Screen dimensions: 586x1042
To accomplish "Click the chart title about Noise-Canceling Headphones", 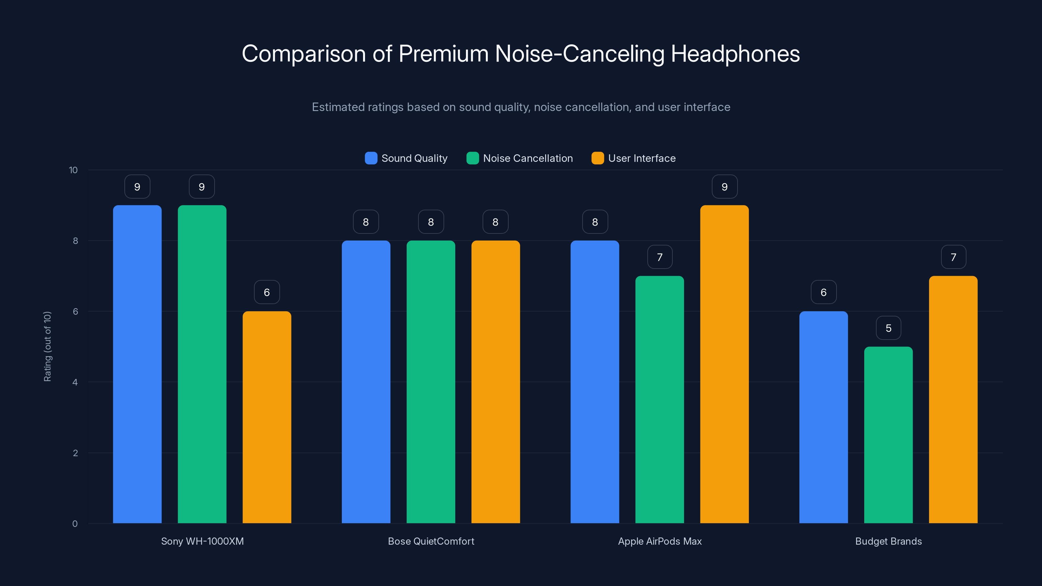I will pos(521,54).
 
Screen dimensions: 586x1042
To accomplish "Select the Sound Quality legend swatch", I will pos(371,158).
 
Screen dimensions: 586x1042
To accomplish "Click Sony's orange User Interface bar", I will pos(267,417).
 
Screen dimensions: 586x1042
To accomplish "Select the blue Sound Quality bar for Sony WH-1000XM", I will pos(137,364).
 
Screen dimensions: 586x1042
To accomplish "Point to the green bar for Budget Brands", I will pos(888,435).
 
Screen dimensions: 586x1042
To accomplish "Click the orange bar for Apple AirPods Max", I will pos(724,364).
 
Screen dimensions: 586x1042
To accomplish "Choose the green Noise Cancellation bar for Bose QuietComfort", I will pos(431,382).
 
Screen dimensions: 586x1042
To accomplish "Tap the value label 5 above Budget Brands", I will pos(888,328).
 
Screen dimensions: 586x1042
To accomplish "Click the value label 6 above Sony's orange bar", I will pos(267,292).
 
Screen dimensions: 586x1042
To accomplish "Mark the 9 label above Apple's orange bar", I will pos(724,187).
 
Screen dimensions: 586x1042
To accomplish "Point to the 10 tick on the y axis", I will pos(73,170).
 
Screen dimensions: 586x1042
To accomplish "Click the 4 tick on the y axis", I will pos(75,382).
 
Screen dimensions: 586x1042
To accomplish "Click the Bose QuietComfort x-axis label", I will pos(431,541).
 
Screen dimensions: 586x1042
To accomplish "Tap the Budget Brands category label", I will pos(888,541).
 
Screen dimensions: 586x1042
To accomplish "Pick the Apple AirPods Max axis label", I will pos(659,541).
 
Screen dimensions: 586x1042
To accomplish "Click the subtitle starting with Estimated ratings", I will pos(521,107).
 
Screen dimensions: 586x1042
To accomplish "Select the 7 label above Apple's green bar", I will pos(659,257).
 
